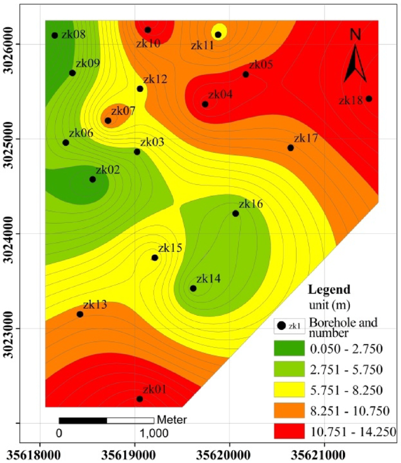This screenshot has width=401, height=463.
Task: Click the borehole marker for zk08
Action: click(55, 35)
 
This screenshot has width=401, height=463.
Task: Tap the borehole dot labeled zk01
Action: click(139, 399)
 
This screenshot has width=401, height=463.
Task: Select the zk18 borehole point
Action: click(369, 98)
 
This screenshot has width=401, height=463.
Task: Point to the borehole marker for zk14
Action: click(193, 288)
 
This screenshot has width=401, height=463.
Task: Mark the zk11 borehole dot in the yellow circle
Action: click(218, 35)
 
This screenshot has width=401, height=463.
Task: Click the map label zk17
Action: click(306, 138)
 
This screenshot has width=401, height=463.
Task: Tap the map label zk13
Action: click(95, 305)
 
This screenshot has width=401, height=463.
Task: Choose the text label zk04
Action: click(220, 94)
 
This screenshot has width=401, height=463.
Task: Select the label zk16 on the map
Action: click(251, 204)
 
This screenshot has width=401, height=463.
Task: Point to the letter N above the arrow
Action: click(355, 35)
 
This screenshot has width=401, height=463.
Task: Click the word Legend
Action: click(329, 290)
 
